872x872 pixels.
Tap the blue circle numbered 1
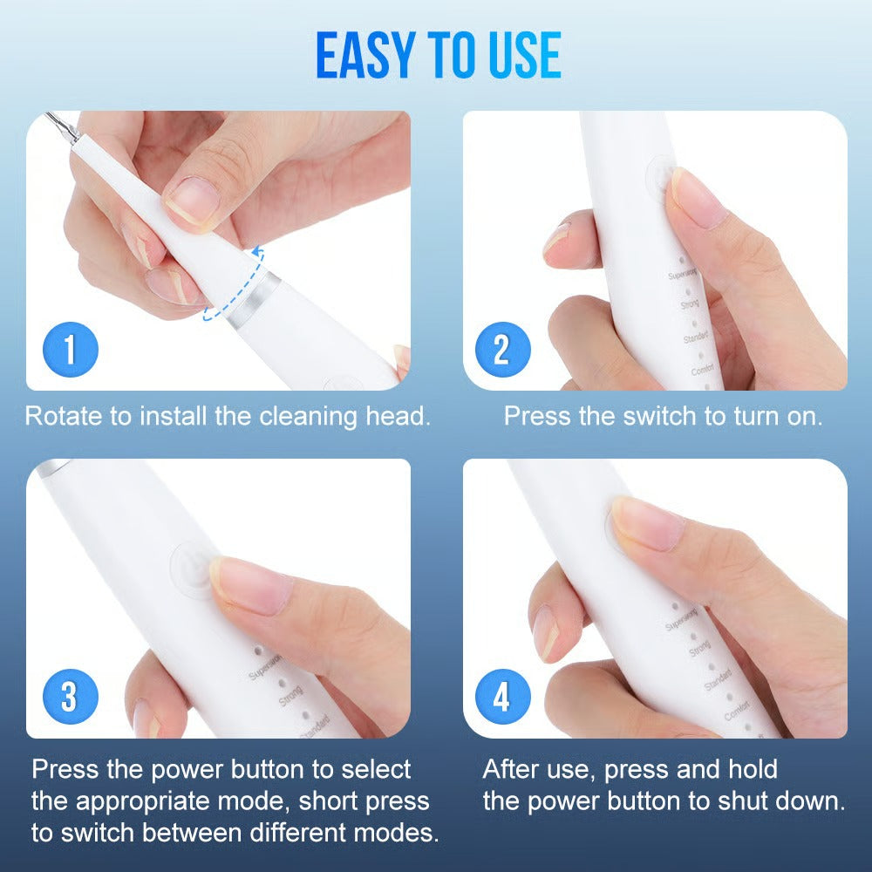71,350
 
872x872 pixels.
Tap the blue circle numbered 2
502,350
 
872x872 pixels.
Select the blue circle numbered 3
69,698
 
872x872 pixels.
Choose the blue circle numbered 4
502,698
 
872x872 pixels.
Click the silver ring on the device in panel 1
253,301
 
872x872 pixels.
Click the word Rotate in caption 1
63,416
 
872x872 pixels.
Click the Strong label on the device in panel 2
690,305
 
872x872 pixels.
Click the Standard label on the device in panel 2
696,337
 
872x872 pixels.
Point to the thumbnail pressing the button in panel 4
646,523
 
